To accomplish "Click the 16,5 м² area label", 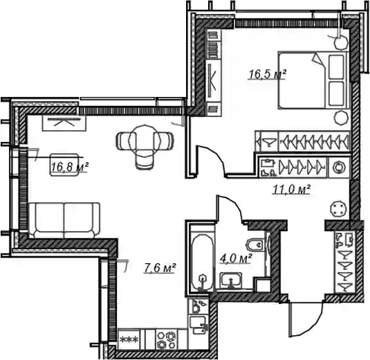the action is [x=267, y=74].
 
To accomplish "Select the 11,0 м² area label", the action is [x=291, y=189].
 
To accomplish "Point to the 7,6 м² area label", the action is [x=160, y=268].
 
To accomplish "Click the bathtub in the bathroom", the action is [x=201, y=262].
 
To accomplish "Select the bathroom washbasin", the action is [x=231, y=280].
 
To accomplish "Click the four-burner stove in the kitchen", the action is [x=166, y=339].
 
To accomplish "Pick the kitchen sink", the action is [x=198, y=325].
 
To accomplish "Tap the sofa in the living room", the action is [x=64, y=220].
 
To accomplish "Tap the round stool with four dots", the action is [x=339, y=209].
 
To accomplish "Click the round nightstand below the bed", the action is [x=341, y=117].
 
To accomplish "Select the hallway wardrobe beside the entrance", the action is [x=344, y=262].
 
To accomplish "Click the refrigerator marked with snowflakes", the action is [x=129, y=339].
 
